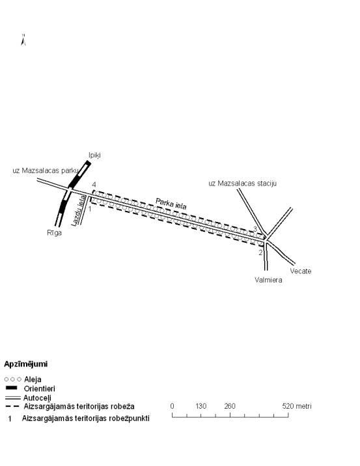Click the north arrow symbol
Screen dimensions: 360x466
[23, 40]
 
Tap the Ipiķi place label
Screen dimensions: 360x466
[94, 155]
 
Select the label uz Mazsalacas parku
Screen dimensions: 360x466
[46, 171]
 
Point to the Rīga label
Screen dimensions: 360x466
[55, 233]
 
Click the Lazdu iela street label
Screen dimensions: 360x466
[79, 210]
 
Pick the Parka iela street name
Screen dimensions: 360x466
[171, 204]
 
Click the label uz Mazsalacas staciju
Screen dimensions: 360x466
[243, 184]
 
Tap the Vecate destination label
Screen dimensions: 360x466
[301, 271]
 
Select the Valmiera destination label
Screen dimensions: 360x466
[268, 280]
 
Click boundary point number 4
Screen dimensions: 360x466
[94, 185]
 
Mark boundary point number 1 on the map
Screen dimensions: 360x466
[90, 209]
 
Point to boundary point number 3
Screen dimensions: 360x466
[255, 229]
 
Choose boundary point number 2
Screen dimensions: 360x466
[260, 253]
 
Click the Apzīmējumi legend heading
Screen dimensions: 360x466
[26, 364]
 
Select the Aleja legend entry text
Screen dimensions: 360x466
[33, 379]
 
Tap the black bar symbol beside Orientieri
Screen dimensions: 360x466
[12, 388]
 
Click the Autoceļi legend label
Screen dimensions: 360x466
[37, 398]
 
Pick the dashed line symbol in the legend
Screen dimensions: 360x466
[12, 406]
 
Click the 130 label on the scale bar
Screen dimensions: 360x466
[201, 406]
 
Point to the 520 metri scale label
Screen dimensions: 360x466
[297, 406]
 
